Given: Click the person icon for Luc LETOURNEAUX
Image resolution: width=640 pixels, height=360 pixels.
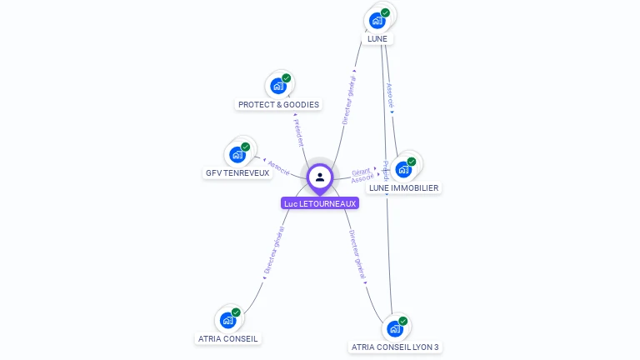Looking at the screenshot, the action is click(320, 177).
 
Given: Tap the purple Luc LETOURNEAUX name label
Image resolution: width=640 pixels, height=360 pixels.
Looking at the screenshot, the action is click(320, 203).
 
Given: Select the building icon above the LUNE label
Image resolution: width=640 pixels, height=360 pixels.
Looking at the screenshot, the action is click(377, 19).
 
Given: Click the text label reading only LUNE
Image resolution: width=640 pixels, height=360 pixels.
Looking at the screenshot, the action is click(377, 38).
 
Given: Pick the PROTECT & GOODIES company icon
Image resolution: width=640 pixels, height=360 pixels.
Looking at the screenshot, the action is click(277, 85).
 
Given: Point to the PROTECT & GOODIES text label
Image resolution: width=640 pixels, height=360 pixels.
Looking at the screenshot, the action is click(278, 105).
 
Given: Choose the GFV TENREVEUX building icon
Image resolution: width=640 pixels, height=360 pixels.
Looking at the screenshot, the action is click(237, 154).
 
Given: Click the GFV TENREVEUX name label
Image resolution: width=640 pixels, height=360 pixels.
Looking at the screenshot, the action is click(237, 173).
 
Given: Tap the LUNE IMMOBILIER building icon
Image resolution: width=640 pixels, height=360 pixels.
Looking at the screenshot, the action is click(403, 169).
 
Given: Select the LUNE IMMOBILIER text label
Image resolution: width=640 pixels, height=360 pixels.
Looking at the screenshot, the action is click(403, 188).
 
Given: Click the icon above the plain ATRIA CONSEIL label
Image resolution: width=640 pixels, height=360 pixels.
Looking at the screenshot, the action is click(227, 319).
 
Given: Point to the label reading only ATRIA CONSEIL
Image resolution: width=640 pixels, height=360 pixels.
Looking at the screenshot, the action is click(228, 339).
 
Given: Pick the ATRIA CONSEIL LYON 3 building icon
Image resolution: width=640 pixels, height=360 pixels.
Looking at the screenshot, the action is click(395, 327).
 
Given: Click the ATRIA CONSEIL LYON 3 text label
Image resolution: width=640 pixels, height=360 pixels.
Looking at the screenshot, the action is click(395, 347).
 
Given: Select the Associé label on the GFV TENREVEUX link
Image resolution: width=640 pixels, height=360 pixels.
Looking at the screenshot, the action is click(278, 167).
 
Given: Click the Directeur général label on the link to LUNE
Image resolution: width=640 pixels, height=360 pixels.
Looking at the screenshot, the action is click(349, 100).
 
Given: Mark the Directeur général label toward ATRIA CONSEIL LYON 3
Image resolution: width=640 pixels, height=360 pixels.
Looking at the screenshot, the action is click(358, 257).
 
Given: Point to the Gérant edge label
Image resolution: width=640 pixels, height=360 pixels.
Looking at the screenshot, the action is click(360, 172).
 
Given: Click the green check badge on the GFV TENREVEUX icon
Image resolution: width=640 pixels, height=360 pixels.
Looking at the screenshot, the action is click(245, 147).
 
